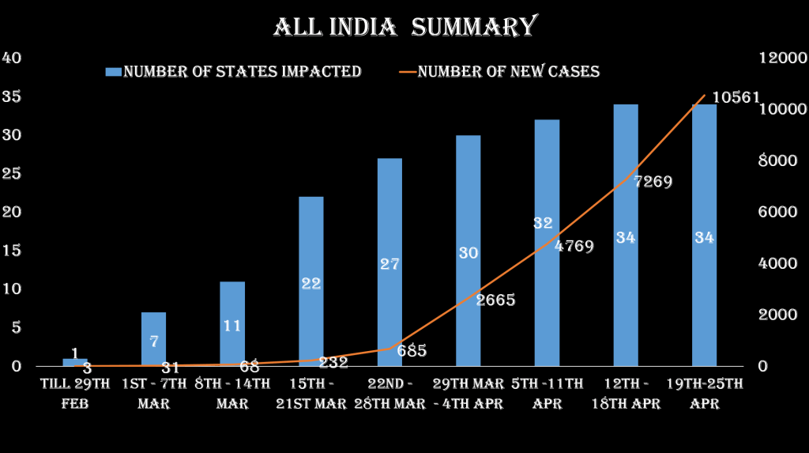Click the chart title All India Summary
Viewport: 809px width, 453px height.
coord(404,27)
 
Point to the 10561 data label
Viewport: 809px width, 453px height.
coord(736,97)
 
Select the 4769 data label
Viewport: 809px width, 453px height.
coord(574,246)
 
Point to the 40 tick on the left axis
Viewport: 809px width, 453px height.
coord(12,59)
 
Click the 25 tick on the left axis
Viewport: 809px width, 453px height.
coord(12,174)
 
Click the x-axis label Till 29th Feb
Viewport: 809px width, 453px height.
coord(75,393)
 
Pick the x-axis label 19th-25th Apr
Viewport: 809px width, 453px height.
coord(705,393)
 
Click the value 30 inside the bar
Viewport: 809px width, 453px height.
coord(468,253)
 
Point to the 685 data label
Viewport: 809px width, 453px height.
coord(411,350)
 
